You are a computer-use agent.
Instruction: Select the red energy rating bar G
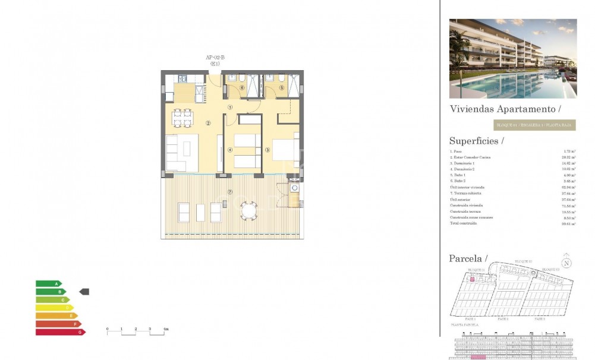tap(60, 332)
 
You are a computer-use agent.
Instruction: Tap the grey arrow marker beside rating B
tap(84, 292)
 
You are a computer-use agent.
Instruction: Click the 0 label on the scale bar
tap(108, 329)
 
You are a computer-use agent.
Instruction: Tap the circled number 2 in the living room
tap(208, 124)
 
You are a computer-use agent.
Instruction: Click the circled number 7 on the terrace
tap(230, 192)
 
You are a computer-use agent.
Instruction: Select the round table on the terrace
tap(249, 210)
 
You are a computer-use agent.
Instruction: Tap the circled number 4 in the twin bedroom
tap(230, 150)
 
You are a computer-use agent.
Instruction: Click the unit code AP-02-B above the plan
tap(215, 58)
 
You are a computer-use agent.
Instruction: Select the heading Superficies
tap(476, 141)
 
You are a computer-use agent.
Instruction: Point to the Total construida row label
tap(464, 223)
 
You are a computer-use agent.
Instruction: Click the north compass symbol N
tap(566, 263)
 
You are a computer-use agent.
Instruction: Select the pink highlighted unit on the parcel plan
tap(473, 278)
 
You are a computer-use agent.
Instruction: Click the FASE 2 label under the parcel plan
tap(503, 319)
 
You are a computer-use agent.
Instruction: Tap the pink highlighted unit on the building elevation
tap(478, 357)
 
